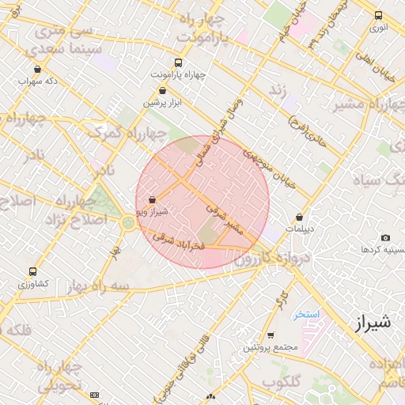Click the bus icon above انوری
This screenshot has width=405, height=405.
point(378,15)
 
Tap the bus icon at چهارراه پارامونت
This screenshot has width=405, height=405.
point(178,62)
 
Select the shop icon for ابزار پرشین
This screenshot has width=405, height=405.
point(162,91)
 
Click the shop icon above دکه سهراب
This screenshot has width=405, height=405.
point(38,70)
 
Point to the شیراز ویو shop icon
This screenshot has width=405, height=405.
point(152,201)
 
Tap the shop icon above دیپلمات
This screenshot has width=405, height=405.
point(299,217)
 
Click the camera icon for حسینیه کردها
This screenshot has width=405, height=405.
point(385,238)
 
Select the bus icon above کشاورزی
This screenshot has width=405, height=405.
point(32,271)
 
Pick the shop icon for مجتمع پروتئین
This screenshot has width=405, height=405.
point(271,335)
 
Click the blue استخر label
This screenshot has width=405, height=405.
point(305,314)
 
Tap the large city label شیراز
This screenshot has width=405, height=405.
point(369,322)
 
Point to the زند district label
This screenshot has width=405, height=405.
point(277,90)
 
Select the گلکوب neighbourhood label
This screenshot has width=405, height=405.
point(281,382)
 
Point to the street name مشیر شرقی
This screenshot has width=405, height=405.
point(223,219)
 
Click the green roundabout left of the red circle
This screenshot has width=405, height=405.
point(128,223)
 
